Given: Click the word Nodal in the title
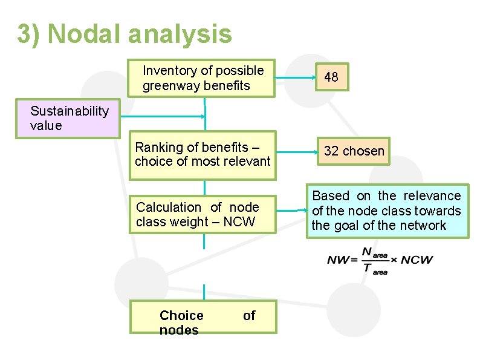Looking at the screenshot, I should coord(87,34).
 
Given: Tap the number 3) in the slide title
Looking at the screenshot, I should coord(28,34).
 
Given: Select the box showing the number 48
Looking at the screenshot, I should coord(331,77).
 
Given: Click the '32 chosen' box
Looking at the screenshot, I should coord(354,151).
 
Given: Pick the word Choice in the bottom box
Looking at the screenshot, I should coord(181,315).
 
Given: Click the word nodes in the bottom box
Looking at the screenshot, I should coord(179,330).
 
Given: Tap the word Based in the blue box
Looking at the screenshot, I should coord(331,196).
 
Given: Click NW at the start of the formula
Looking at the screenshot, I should coord(339,260).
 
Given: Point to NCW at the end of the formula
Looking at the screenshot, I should coord(417,260).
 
